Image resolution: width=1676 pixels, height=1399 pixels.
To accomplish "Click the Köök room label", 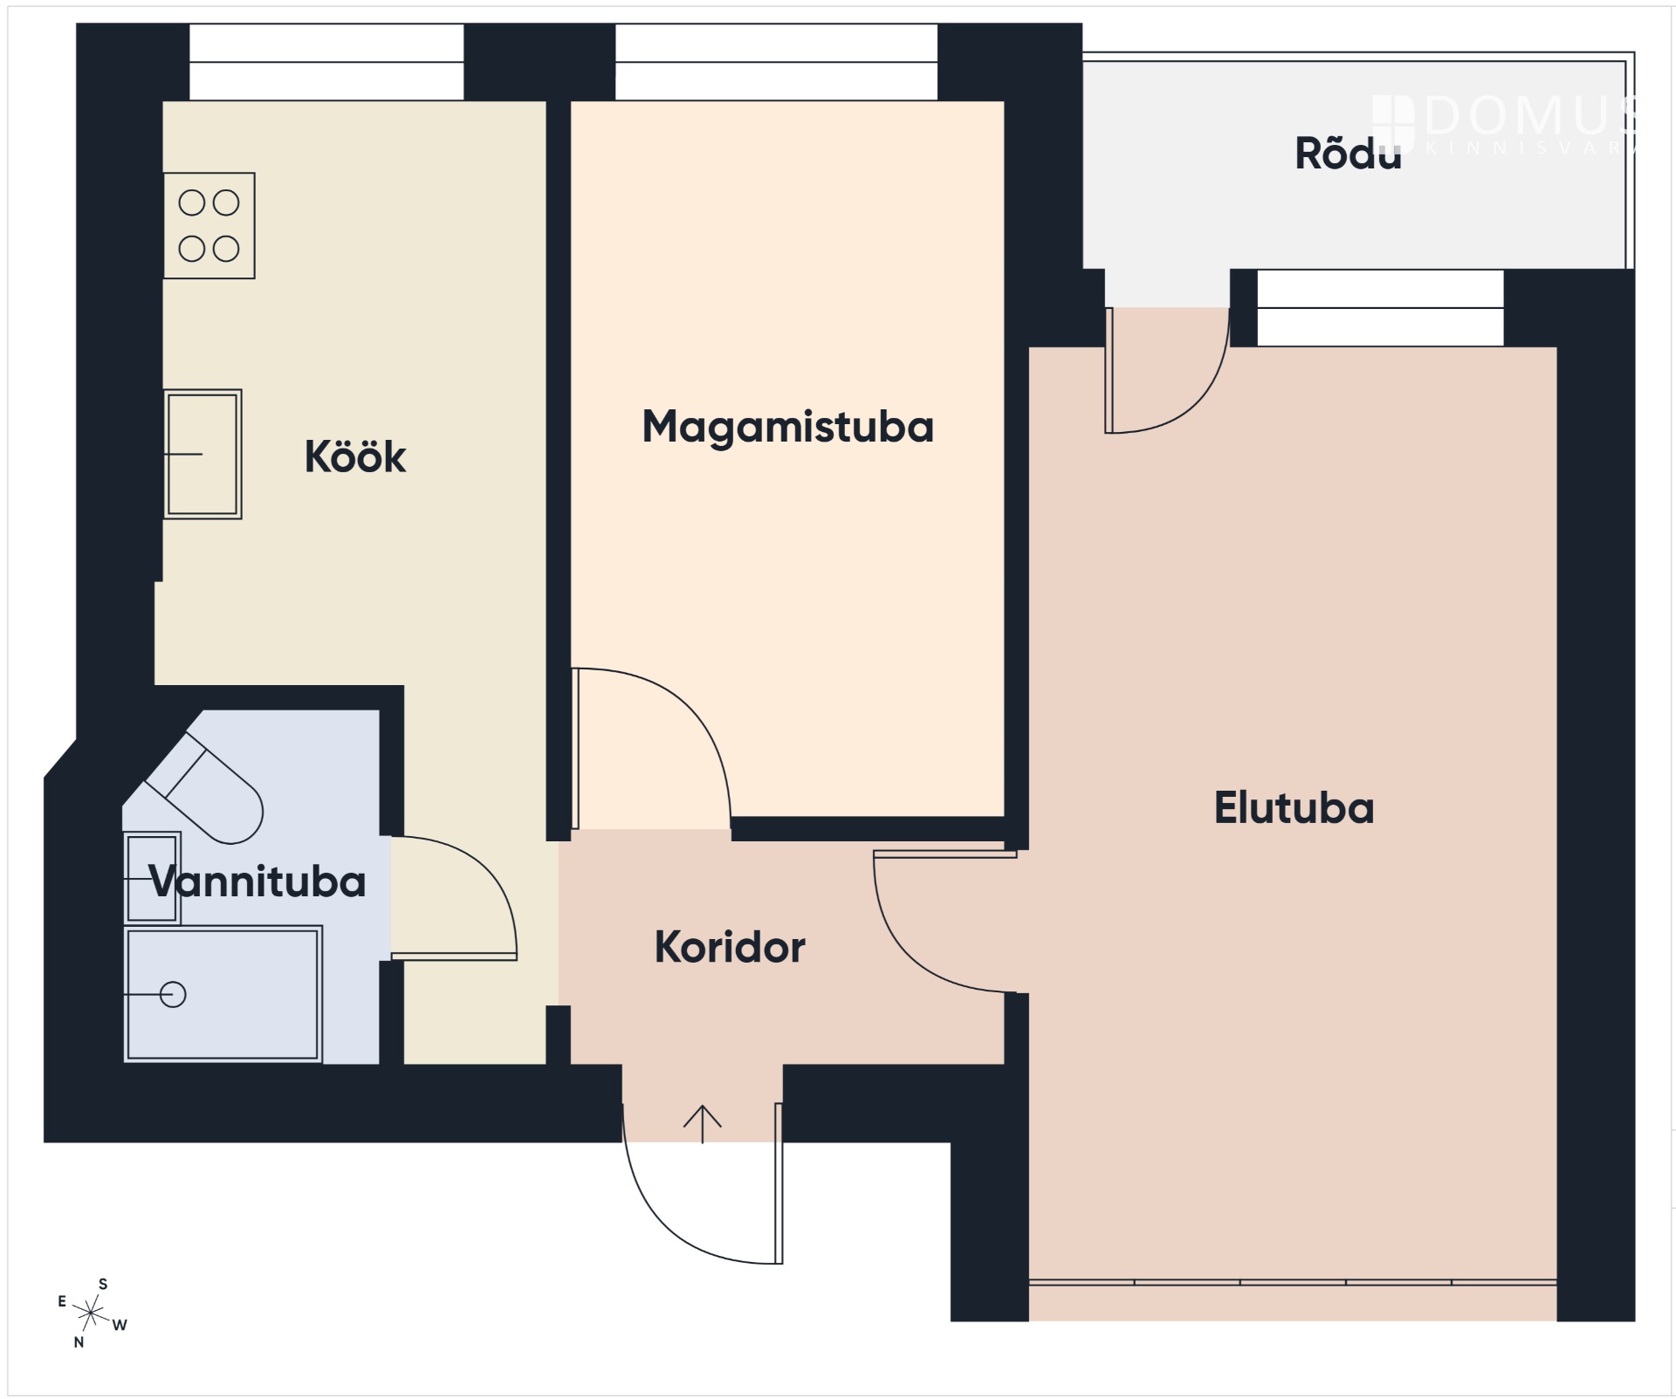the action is coord(355,456).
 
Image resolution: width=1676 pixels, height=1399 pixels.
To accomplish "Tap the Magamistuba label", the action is coord(787,428).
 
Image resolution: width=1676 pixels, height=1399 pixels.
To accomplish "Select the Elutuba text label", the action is coord(1294,808).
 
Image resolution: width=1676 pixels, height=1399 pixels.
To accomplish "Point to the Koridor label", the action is coord(730,947).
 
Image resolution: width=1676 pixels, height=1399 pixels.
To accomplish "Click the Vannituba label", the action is coord(258,881).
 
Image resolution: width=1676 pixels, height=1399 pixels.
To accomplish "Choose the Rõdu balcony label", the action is coord(1348,153).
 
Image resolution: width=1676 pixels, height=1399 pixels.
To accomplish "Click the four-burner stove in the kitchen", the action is coord(209,226).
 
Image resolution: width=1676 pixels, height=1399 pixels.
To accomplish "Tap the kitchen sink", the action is coord(203,454).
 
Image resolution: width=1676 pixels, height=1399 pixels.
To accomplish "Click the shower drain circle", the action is coord(173,994).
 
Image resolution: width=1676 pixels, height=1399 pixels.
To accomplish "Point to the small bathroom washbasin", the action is coord(153,878).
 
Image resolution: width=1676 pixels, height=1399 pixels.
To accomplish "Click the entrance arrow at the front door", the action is coord(702,1124).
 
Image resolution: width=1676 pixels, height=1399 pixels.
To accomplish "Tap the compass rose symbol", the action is coord(91,1312).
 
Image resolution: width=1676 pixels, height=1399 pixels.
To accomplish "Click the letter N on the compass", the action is coord(79,1342).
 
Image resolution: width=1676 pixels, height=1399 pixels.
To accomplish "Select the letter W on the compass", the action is coord(120,1325).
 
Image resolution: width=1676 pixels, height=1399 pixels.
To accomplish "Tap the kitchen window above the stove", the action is coord(326,62).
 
